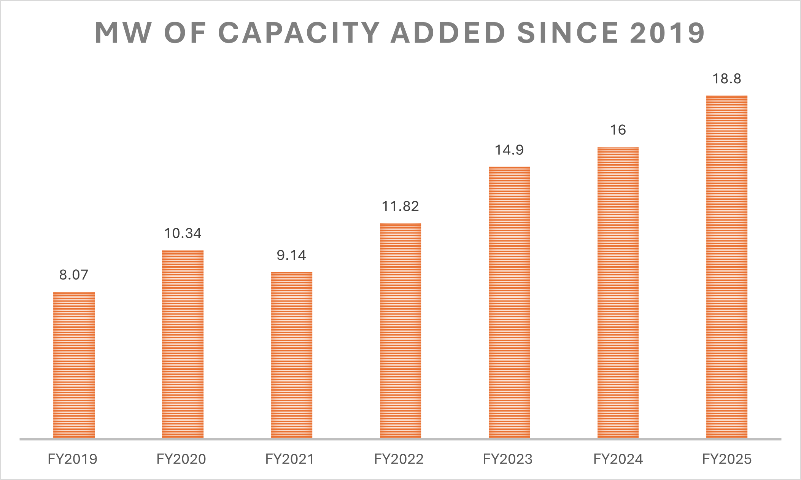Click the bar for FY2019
74,365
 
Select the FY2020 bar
183,344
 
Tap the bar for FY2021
292,355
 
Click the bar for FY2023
509,302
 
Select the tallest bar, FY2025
727,266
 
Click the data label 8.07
74,275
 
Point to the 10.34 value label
183,233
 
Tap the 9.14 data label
291,255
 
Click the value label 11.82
400,206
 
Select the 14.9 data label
509,150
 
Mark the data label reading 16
618,130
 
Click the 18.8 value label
727,79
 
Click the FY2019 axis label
73,459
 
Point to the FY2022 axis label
399,459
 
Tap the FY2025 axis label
727,459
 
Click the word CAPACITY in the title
299,33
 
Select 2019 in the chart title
667,33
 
